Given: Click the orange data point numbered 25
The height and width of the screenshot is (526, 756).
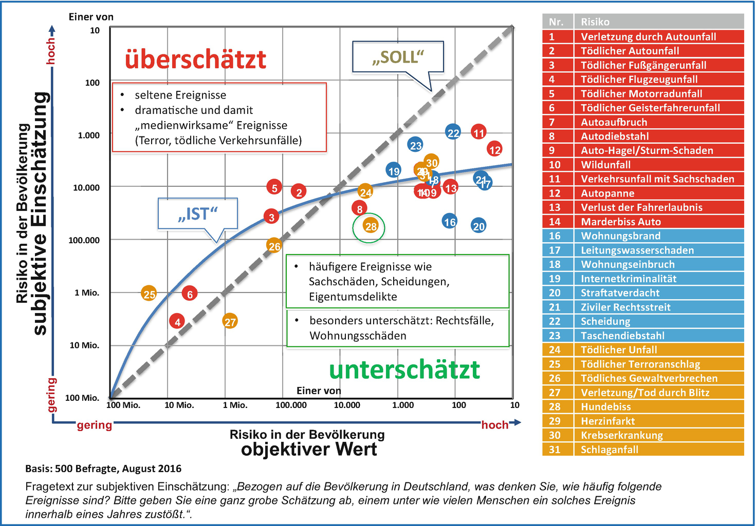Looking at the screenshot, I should [149, 294].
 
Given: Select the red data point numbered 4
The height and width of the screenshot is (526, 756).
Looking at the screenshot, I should [177, 322].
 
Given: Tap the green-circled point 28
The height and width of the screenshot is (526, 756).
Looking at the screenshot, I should [371, 226].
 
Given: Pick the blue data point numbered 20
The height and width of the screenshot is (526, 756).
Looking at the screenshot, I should [478, 226].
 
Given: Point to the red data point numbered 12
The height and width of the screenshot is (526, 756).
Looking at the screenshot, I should [494, 150].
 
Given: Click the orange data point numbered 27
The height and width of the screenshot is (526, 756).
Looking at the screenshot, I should [230, 322].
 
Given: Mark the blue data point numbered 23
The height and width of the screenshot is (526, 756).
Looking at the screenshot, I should [415, 145].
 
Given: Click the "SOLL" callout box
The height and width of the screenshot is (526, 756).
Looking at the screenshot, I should [398, 57].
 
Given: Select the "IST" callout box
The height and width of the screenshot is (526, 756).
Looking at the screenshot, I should [197, 213].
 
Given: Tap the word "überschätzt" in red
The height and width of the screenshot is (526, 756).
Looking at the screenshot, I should [195, 60].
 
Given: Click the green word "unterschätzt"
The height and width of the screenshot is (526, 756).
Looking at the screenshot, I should [404, 369].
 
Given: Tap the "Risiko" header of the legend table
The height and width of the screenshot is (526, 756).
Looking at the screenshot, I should [595, 22].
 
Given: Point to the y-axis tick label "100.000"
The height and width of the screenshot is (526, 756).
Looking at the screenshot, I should [84, 240].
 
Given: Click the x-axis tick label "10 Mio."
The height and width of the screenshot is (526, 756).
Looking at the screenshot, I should [179, 405].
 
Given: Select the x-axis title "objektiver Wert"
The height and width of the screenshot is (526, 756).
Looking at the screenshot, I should [309, 450].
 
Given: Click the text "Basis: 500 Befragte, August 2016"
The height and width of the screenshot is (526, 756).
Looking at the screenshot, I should [103, 469].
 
